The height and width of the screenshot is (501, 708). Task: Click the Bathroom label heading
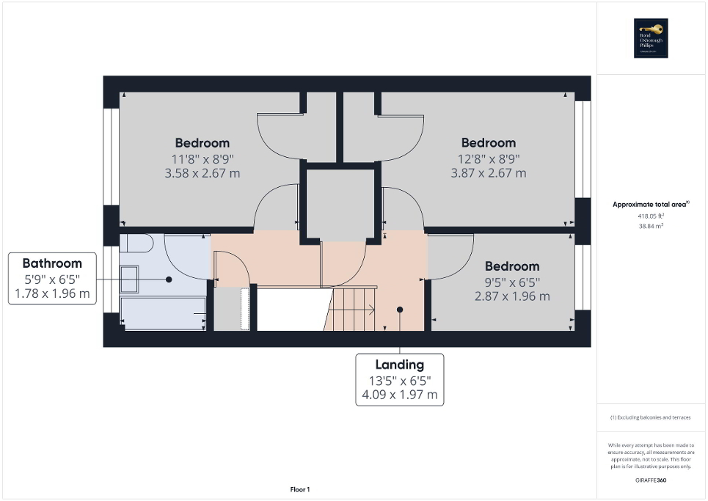[x=52, y=263]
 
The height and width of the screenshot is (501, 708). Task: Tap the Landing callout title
[x=399, y=365]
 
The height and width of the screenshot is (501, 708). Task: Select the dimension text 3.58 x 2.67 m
[x=202, y=174]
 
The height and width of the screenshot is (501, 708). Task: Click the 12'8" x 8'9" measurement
[x=488, y=158]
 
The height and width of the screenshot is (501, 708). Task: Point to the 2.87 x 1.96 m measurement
[x=512, y=297]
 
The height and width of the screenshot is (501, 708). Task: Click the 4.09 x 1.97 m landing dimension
[x=399, y=396]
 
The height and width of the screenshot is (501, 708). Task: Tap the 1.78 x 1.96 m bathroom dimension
[x=52, y=295]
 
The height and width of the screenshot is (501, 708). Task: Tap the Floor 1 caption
[x=299, y=489]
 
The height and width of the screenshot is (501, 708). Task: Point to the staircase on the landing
[x=351, y=309]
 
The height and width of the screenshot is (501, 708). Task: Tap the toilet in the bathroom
[x=136, y=244]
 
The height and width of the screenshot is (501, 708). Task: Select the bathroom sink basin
[x=128, y=279]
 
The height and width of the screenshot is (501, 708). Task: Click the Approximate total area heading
[x=652, y=205]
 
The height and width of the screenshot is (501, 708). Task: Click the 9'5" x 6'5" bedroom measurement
[x=512, y=282]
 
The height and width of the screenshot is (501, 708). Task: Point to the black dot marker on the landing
[x=400, y=310]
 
